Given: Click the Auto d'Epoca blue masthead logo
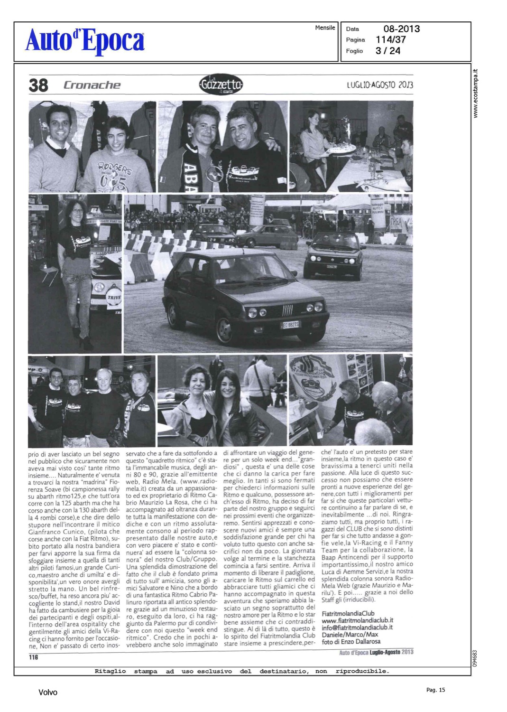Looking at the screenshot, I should (x=85, y=40).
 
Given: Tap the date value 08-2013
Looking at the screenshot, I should (x=401, y=29).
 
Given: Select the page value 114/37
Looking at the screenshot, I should (x=391, y=40).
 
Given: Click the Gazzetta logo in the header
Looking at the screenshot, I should (x=221, y=84).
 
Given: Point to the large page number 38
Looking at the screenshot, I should (x=38, y=85).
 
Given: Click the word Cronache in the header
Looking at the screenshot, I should (x=92, y=85).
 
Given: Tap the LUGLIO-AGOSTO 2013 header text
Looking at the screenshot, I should (x=379, y=85).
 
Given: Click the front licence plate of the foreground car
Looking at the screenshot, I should (x=290, y=325).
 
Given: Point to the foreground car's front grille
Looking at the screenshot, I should (x=288, y=311).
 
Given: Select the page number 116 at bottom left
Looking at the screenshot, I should (x=33, y=657).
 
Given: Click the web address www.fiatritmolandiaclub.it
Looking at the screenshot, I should (x=357, y=620).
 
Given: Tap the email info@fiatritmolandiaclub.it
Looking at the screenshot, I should (x=357, y=627).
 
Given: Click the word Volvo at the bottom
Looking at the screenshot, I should (x=48, y=693).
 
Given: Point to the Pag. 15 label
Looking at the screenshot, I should (x=435, y=690).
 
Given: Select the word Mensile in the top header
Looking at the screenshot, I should (x=325, y=28).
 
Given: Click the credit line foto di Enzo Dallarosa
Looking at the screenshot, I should (x=351, y=641).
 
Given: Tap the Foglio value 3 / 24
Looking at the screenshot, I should (x=388, y=51).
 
